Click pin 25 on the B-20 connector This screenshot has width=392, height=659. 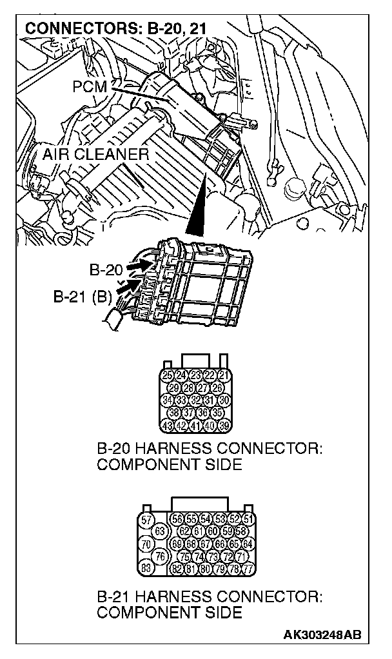pyautogui.click(x=168, y=375)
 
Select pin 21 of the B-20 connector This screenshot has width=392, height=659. pyautogui.click(x=224, y=375)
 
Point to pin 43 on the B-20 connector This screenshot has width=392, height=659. pyautogui.click(x=168, y=425)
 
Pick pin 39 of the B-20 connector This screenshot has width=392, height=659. pyautogui.click(x=224, y=425)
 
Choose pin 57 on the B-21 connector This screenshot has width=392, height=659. pyautogui.click(x=147, y=519)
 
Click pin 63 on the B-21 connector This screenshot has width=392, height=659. pyautogui.click(x=161, y=531)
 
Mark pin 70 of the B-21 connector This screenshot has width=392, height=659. pyautogui.click(x=147, y=544)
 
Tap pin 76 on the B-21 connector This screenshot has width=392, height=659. pyautogui.click(x=161, y=556)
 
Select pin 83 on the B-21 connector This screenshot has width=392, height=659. pyautogui.click(x=147, y=568)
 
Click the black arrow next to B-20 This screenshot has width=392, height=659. pyautogui.click(x=136, y=265)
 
